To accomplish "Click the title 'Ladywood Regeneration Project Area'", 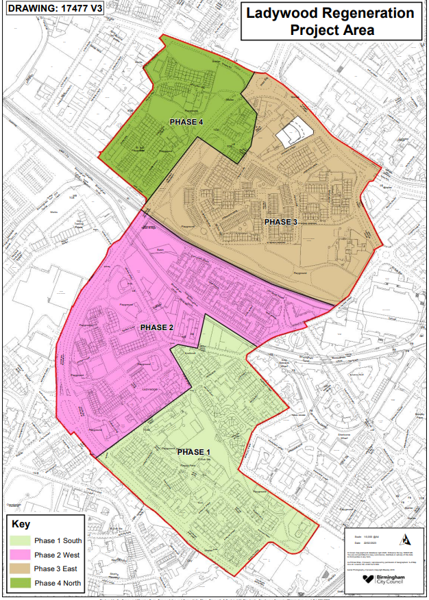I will pos(331,21).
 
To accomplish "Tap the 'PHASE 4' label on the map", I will pos(186,122).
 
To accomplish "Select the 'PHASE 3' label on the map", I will pos(281,222).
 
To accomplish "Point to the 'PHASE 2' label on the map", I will pos(157,327).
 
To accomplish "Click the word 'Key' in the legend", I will pos(21,524).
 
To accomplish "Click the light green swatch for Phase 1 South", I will pos(21,540).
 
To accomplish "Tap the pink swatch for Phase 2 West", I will pos(21,555).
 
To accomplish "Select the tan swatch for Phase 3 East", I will pos(21,569).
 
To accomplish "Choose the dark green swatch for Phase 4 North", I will pos(21,584).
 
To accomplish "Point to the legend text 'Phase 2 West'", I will pos(56,555).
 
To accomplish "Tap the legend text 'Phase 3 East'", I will pos(56,569).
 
